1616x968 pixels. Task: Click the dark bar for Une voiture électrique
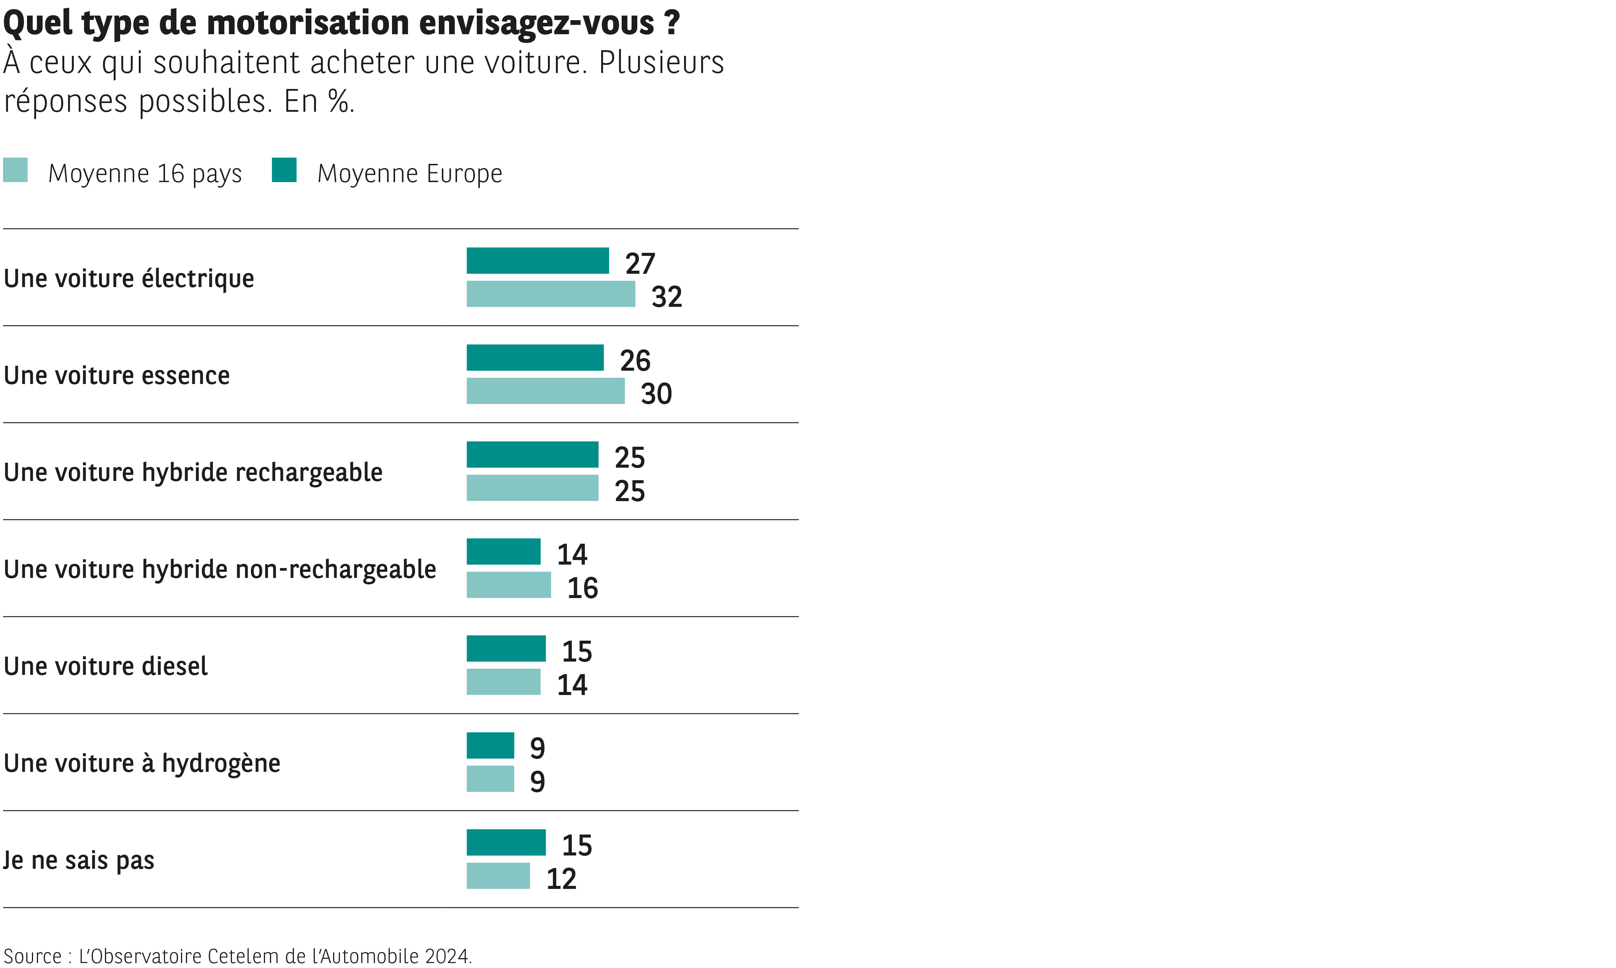pyautogui.click(x=537, y=261)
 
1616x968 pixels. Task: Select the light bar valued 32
pyautogui.click(x=551, y=294)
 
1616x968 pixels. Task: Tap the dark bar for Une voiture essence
pyautogui.click(x=535, y=357)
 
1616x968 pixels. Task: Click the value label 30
pyautogui.click(x=656, y=394)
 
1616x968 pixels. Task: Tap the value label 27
pyautogui.click(x=640, y=263)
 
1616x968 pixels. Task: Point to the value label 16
pyautogui.click(x=583, y=589)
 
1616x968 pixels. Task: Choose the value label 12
pyautogui.click(x=561, y=879)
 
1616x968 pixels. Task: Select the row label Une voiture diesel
pyautogui.click(x=106, y=666)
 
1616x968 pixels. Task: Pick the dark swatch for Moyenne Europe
pyautogui.click(x=284, y=170)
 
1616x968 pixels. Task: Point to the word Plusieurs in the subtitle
pyautogui.click(x=661, y=63)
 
